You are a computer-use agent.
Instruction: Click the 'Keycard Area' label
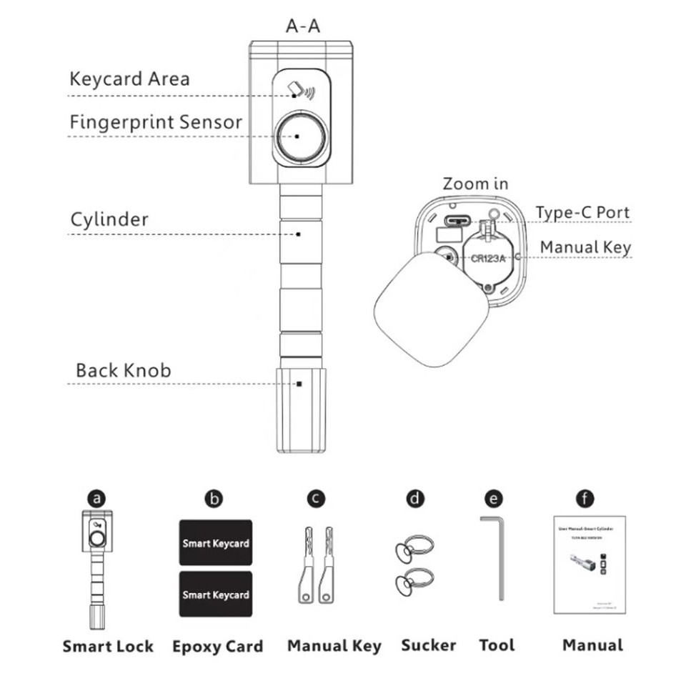click(x=129, y=79)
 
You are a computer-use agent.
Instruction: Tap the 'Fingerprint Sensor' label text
click(x=156, y=122)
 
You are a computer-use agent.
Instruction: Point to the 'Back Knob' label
click(x=123, y=371)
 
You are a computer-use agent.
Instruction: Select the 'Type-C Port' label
click(x=583, y=213)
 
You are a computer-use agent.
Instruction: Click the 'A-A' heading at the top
click(x=303, y=27)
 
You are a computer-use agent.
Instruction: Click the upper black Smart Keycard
click(x=215, y=542)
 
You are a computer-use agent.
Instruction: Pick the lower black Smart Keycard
click(x=215, y=594)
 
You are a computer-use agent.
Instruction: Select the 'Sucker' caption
click(x=428, y=645)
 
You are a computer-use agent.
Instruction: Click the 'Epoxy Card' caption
click(x=217, y=647)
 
